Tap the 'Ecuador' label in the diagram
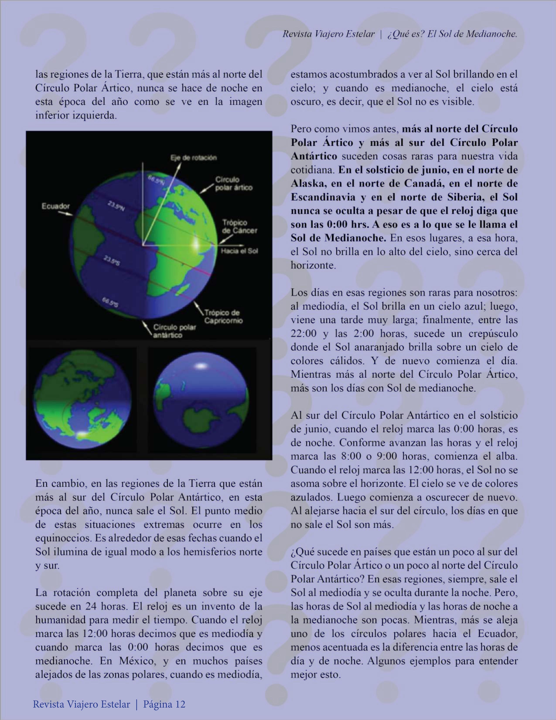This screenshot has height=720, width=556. coord(56,206)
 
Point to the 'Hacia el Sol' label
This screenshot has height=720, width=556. coord(239,251)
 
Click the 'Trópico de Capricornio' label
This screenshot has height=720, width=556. coord(223,316)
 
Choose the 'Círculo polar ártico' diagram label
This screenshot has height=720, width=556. coord(234,184)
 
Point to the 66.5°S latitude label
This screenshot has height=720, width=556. coord(110,302)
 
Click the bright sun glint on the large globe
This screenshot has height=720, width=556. coord(196,245)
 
